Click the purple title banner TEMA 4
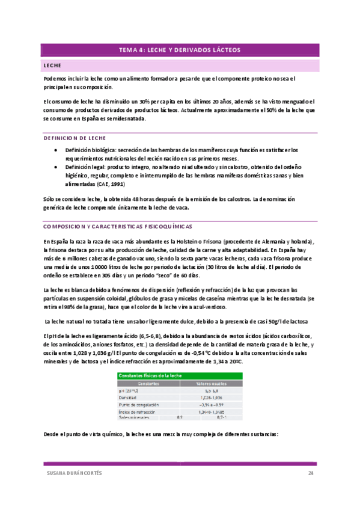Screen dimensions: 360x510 point(179,51)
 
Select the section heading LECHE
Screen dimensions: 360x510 point(53,65)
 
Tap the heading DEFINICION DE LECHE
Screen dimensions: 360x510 point(75,138)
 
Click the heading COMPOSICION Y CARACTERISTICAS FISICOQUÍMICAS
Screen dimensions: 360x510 point(118,227)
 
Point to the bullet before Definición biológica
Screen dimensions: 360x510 point(55,150)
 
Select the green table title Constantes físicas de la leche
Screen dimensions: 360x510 point(151,375)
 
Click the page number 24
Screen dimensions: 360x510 point(311,473)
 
